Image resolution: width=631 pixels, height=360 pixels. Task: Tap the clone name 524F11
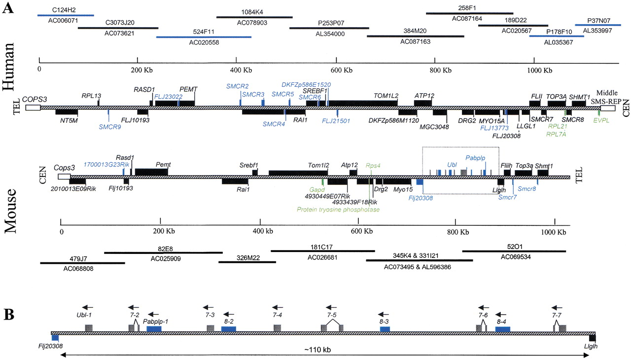pos(204,31)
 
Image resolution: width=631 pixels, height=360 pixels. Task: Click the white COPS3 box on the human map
pos(33,107)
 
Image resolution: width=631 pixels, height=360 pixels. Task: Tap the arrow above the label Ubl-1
pos(88,306)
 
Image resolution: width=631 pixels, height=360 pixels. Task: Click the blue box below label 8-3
pos(385,328)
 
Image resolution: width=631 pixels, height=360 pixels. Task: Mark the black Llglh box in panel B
pos(592,338)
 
